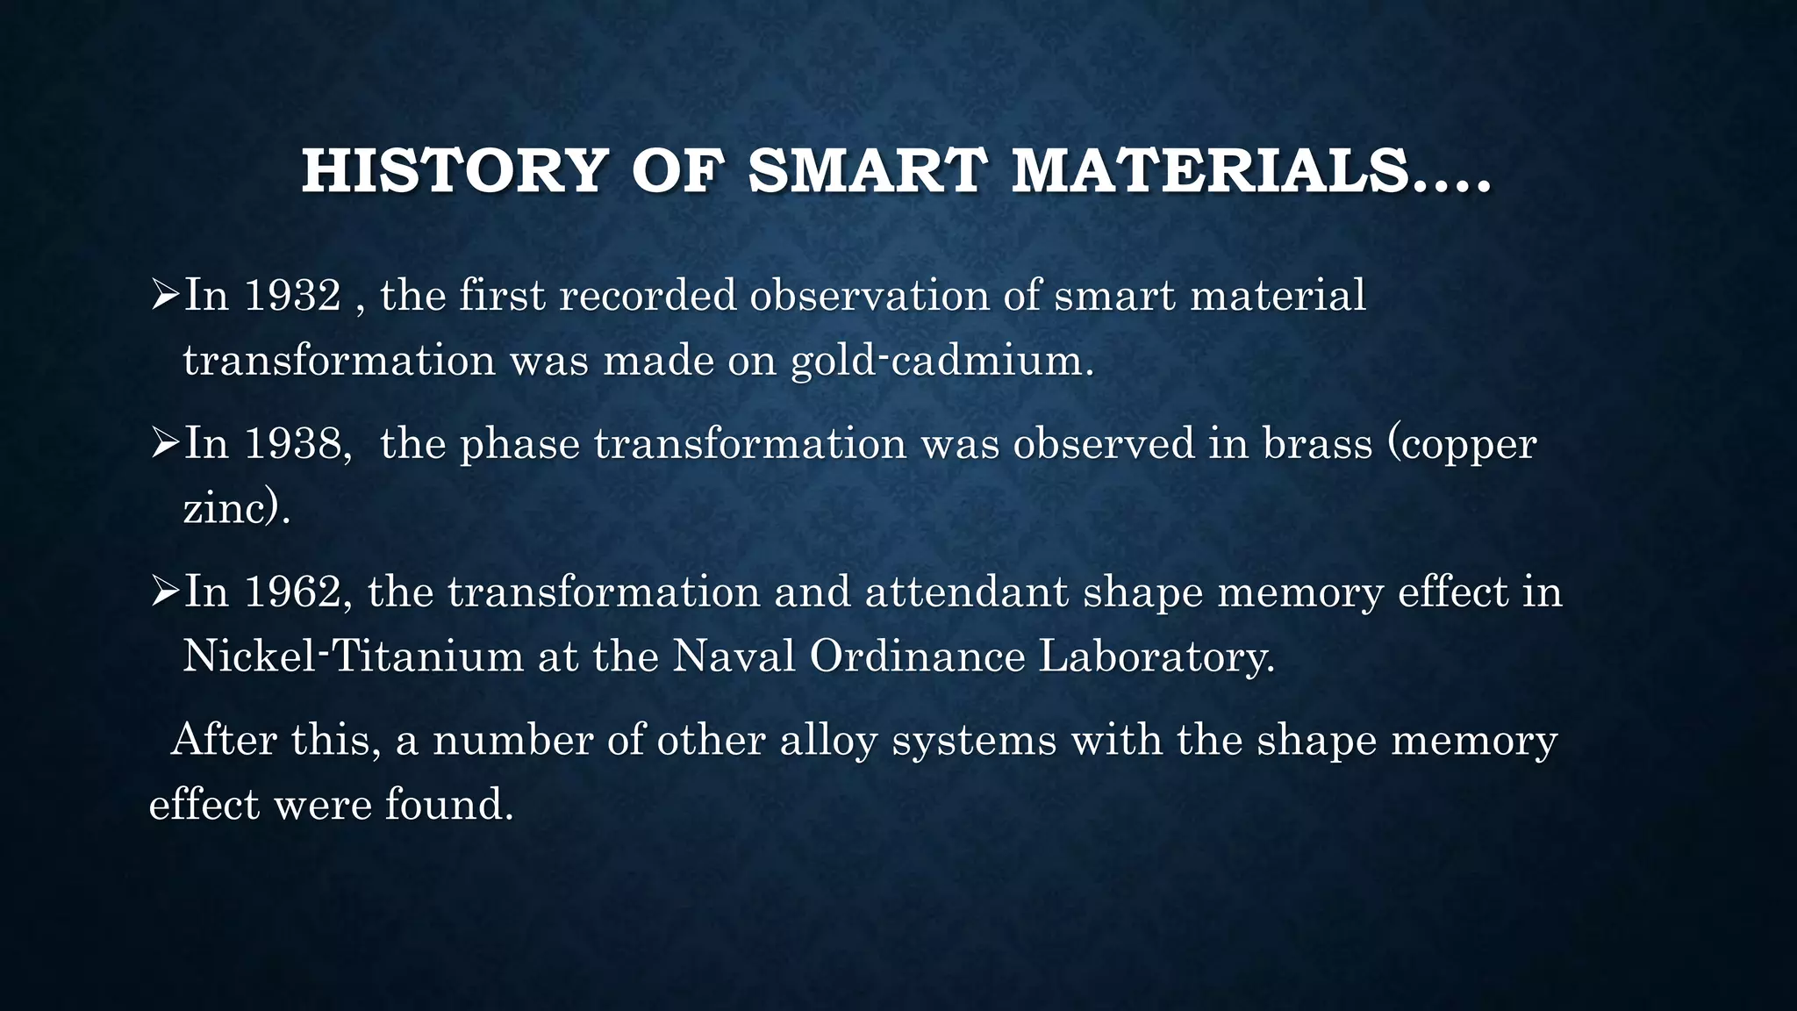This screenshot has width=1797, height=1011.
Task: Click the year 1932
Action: (292, 295)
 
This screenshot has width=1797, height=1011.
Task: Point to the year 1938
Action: (292, 443)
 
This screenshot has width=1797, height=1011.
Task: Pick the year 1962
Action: (292, 592)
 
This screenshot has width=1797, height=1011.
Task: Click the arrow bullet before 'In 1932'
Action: (164, 296)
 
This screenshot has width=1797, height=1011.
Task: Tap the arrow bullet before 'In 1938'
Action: (164, 444)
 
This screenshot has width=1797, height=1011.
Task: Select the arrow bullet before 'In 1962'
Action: (164, 592)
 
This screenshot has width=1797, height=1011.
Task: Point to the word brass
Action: (1317, 443)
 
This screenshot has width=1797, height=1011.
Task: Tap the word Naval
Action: (734, 656)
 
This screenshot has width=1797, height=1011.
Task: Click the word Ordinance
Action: (917, 656)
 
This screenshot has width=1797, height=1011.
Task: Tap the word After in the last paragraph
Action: (224, 740)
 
